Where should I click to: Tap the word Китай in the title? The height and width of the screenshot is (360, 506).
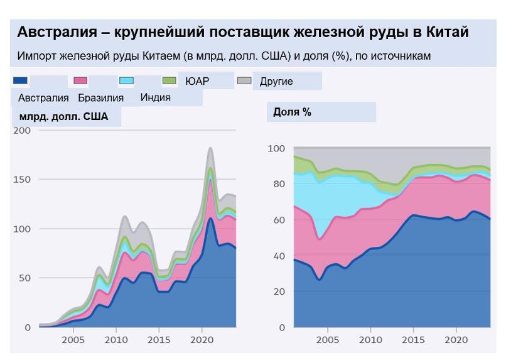coord(446,33)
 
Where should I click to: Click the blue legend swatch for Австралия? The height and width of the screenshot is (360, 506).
coord(20,80)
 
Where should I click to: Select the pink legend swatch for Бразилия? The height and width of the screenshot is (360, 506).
coord(80,80)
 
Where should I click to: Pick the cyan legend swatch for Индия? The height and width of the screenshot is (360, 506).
coord(126,80)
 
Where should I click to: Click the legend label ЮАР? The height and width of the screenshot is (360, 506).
coord(197,81)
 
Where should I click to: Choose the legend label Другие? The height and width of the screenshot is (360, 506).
coord(276,81)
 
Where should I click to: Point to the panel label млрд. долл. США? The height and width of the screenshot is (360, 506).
coord(63,116)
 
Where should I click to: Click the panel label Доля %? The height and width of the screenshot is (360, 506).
coord(293,112)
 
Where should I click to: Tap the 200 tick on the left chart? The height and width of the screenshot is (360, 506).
coord(22,130)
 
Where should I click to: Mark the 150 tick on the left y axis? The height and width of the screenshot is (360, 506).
coord(22,180)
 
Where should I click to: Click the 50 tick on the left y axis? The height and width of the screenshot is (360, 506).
coord(24,278)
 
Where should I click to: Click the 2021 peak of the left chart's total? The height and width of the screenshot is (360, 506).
coord(210,148)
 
